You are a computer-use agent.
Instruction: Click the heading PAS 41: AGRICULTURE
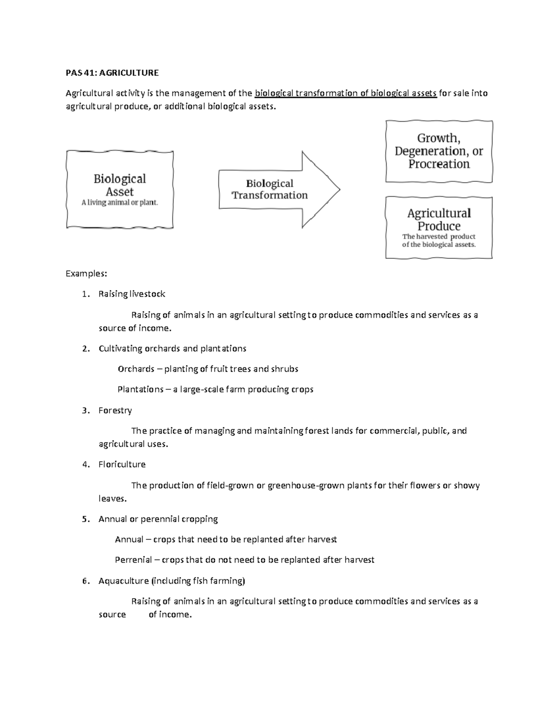[112, 73]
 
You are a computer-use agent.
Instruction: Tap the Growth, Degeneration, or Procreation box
[438, 151]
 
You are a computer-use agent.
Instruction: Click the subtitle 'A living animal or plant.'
[120, 203]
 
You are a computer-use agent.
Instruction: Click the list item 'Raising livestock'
[132, 294]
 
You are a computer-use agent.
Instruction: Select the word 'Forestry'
[115, 411]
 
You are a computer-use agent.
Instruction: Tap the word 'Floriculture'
[122, 464]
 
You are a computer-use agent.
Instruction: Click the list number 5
[85, 519]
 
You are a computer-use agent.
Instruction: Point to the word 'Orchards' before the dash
[136, 369]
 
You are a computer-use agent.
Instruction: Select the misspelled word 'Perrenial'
[133, 560]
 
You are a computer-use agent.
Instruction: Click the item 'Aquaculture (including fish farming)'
[171, 581]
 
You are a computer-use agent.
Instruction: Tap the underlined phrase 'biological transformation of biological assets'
[346, 93]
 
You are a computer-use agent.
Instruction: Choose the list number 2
[85, 349]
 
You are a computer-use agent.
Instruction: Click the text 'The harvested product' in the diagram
[438, 237]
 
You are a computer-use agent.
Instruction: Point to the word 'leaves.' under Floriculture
[113, 499]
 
